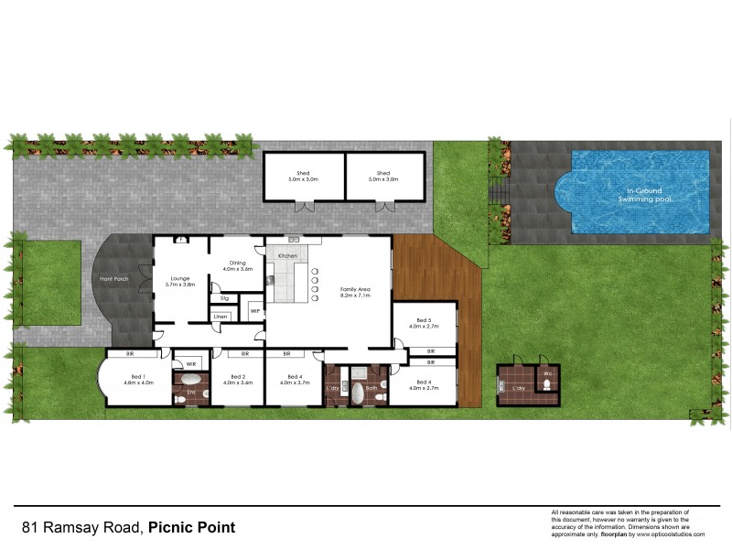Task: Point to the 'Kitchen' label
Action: [x=287, y=255]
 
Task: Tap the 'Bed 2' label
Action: [x=238, y=377]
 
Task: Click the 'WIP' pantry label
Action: [x=255, y=310]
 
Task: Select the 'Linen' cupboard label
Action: [x=220, y=317]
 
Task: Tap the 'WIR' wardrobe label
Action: [x=191, y=364]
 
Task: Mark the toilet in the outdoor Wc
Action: [x=546, y=388]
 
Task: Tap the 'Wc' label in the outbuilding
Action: [x=547, y=373]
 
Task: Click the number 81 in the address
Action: [x=30, y=528]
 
